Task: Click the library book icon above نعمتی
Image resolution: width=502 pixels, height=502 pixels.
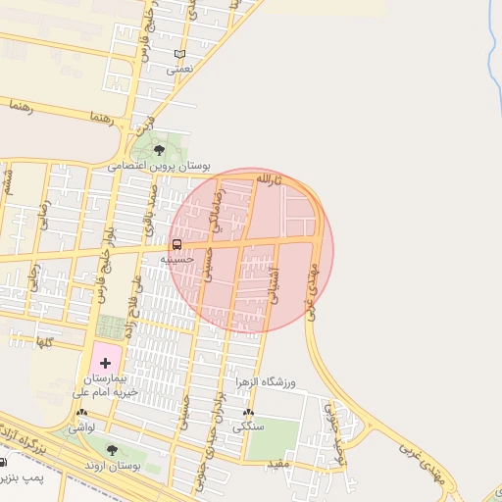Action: click(x=178, y=54)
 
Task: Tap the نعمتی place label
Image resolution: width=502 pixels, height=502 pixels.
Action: click(x=180, y=70)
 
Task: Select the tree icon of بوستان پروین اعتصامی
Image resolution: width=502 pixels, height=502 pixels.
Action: click(x=159, y=150)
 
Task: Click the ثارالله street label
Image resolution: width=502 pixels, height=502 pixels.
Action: click(x=267, y=180)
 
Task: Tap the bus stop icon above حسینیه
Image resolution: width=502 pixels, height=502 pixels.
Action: click(x=177, y=243)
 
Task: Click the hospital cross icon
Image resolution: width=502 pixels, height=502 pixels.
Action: click(x=106, y=363)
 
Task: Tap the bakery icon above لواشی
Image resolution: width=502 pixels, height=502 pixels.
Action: click(x=81, y=413)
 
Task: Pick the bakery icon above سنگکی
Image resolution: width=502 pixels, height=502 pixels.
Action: click(x=248, y=413)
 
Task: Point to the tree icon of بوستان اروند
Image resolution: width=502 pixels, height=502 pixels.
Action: click(x=112, y=450)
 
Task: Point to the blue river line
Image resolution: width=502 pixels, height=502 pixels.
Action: click(x=492, y=59)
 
